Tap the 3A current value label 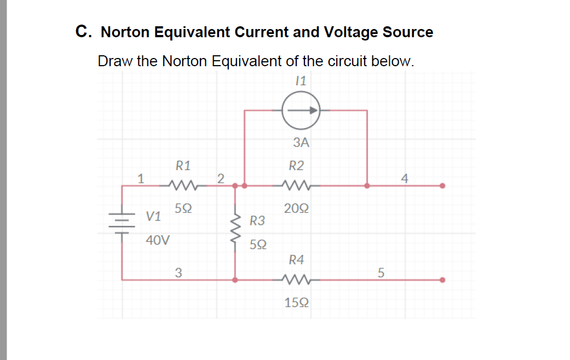click(301, 143)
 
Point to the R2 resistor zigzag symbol click(296, 185)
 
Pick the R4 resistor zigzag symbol click(296, 280)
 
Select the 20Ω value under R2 click(296, 208)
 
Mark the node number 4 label click(405, 178)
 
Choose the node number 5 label click(382, 272)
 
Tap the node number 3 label click(178, 272)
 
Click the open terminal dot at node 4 click(442, 185)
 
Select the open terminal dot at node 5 click(442, 280)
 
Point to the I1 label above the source click(300, 81)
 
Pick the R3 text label click(257, 221)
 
